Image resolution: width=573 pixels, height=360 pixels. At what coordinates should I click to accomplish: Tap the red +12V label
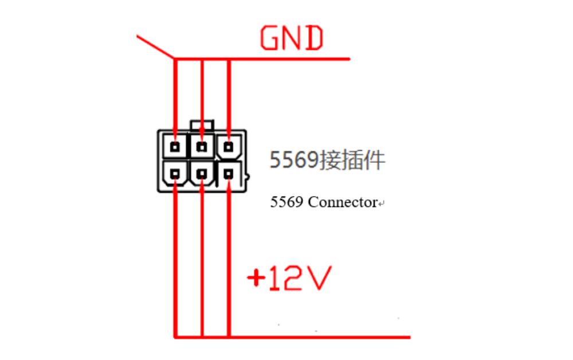coord(289,279)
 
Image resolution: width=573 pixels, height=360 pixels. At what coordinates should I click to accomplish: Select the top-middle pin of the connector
coord(202,146)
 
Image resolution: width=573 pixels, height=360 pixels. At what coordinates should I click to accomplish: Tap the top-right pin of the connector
coord(229,147)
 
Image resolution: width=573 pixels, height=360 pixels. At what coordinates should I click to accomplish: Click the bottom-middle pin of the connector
coord(202,173)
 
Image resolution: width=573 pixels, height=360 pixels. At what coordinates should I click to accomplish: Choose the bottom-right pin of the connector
coord(229,173)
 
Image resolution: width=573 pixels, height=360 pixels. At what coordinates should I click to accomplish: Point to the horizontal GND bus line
coord(286,58)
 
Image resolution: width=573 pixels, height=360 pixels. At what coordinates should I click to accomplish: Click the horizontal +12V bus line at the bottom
coord(315,336)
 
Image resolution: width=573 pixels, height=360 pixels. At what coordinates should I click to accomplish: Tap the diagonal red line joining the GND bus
coord(155,46)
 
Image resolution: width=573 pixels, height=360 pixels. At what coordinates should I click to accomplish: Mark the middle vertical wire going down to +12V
coord(202,258)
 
